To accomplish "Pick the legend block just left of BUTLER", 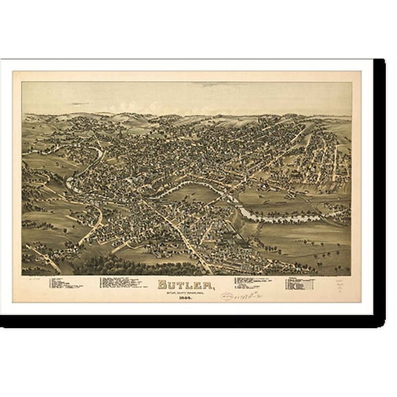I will point(122,283).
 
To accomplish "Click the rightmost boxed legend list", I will point(301,284).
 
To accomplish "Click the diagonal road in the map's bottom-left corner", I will point(45,258).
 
